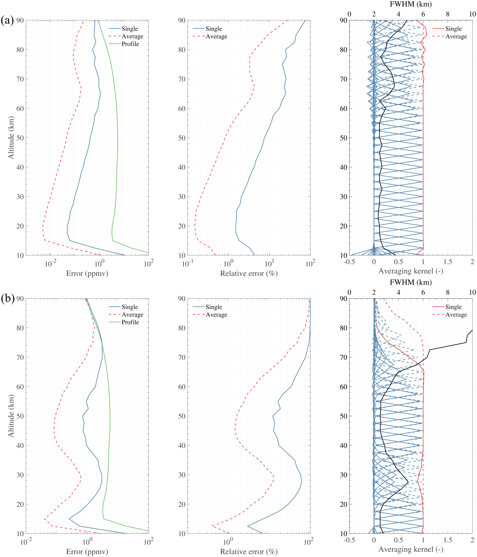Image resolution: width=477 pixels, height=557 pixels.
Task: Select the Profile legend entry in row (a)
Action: [130, 44]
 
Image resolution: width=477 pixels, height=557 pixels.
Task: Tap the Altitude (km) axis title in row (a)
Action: [11, 138]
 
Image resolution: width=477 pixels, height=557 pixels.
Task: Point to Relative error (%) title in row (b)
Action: [249, 552]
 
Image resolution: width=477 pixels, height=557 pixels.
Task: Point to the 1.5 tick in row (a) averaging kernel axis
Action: [448, 262]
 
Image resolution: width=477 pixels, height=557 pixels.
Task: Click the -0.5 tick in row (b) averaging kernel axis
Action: [349, 540]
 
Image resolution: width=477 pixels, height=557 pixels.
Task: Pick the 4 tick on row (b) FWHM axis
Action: [398, 292]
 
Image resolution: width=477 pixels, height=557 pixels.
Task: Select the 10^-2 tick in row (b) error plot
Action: [26, 542]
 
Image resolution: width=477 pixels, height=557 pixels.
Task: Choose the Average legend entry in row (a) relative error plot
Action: [216, 37]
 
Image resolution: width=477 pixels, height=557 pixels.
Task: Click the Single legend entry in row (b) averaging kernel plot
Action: [453, 307]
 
